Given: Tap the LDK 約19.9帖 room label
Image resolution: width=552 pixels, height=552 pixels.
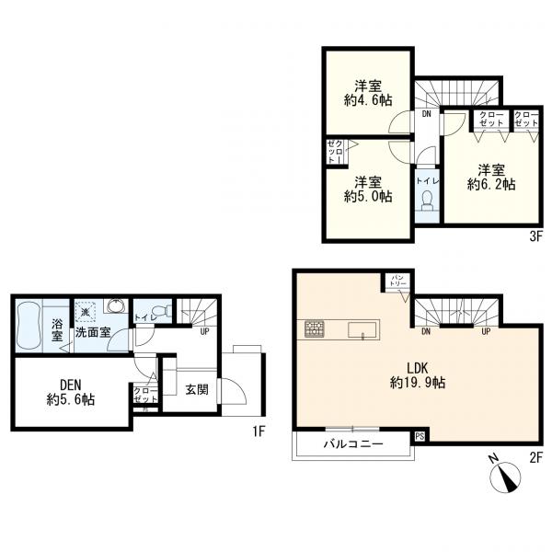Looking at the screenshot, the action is pos(418,375).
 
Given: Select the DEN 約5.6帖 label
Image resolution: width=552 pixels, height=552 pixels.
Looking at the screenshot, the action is pos(71,392).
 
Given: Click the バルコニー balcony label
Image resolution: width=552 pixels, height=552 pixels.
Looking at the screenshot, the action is pos(353,443).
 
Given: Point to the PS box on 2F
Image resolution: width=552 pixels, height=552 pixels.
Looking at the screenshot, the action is pos(420,437).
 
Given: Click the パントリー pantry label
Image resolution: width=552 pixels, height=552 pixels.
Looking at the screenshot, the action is pos(398,281).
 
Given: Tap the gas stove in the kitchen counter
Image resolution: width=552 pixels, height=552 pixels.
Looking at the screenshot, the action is pos(315,329).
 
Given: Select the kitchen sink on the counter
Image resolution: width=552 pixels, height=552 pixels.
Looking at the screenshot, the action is pos(362,330).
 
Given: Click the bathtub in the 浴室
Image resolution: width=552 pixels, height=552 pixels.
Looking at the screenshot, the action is pos(29,326).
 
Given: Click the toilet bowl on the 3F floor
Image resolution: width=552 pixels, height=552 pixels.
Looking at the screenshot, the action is pos(428,201).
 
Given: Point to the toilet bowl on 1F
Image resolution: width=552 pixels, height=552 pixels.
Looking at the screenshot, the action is pos(161,311).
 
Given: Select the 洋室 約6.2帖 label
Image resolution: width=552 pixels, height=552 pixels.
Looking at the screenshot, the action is pos(491,177).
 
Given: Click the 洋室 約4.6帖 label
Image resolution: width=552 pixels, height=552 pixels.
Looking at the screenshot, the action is pos(368,93).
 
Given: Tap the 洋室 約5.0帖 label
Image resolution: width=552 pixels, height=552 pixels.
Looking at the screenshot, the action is pos(368,190).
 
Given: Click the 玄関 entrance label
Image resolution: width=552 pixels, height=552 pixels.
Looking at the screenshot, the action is pos(197,389).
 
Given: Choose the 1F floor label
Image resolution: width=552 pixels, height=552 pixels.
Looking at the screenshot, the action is pos(259,431).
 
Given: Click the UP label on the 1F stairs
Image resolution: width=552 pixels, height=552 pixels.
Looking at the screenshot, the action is pos(204,331).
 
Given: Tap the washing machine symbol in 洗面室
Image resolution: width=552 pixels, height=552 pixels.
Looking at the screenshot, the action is pos(85,312).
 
